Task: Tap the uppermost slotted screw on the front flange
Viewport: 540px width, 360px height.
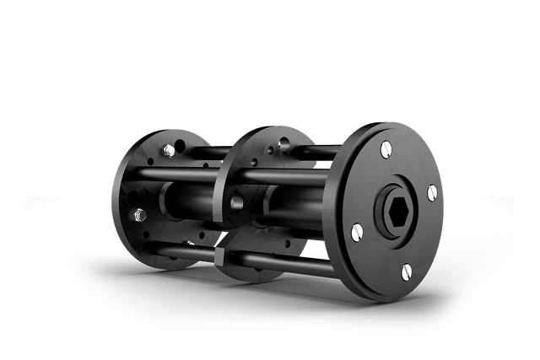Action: [386, 149]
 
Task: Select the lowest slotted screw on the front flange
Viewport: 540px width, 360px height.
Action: [406, 271]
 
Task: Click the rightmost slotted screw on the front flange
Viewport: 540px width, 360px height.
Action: [432, 193]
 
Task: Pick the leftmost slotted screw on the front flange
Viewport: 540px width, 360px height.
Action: [356, 230]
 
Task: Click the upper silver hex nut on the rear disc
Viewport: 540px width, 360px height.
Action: [169, 150]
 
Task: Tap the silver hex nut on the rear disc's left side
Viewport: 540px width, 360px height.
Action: [138, 215]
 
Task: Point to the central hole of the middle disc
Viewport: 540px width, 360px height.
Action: [237, 203]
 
